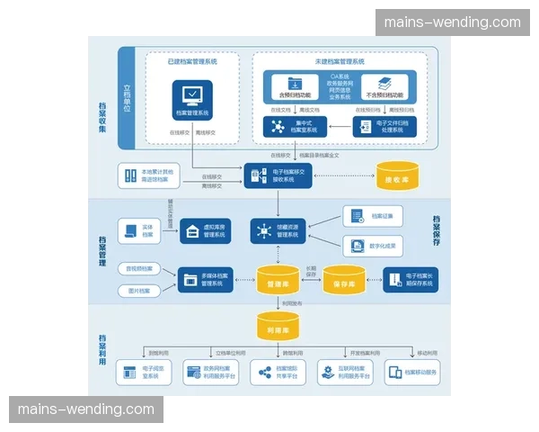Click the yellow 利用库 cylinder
[x=278, y=326]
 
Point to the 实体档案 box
[x=137, y=230]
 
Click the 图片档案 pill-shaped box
[x=138, y=291]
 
